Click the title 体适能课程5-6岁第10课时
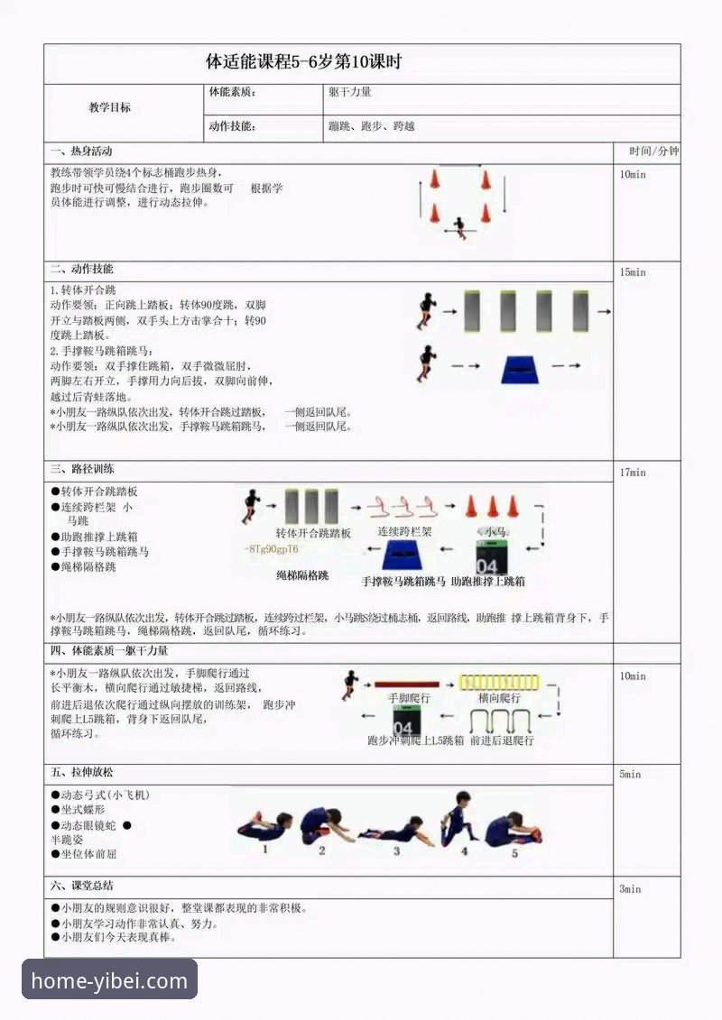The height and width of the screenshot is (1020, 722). [303, 62]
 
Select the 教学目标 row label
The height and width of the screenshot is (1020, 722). [109, 107]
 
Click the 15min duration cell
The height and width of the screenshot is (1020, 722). [633, 272]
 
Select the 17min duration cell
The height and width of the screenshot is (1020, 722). [633, 473]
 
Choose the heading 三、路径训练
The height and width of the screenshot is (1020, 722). [82, 469]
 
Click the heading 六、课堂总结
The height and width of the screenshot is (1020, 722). [82, 886]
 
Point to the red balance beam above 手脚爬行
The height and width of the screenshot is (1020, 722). [407, 685]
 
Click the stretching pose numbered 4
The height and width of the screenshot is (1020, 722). [458, 819]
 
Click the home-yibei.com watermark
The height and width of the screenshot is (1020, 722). [109, 981]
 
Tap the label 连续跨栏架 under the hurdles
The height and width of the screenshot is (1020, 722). [404, 532]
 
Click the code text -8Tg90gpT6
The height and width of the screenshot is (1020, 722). [271, 549]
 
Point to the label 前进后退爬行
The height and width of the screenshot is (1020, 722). [502, 740]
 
